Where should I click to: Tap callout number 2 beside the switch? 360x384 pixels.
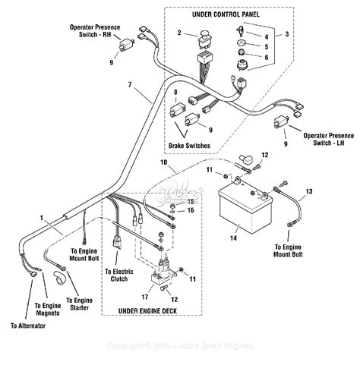(179, 33)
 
